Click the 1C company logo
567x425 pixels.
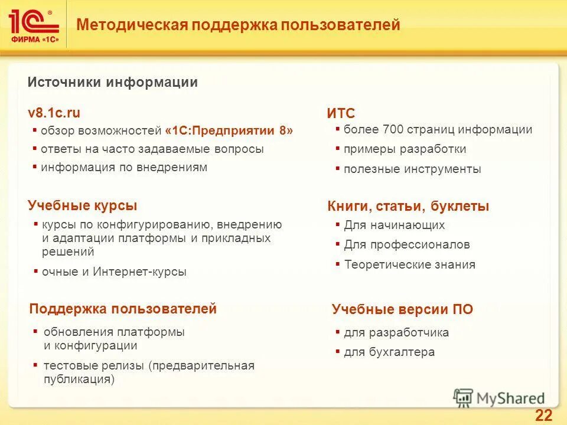34,24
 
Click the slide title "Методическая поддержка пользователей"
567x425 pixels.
239,25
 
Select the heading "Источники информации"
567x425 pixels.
112,83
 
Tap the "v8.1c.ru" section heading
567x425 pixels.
54,113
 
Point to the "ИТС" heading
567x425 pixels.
341,114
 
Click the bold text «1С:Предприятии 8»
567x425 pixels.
229,130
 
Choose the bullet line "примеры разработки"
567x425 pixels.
405,149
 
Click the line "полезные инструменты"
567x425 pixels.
412,169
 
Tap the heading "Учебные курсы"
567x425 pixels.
82,205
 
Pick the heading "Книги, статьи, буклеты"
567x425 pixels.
408,207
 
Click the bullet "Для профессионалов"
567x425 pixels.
407,244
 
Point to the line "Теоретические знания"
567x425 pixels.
409,264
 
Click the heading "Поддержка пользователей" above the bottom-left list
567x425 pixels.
123,309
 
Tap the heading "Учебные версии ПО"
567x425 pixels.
402,309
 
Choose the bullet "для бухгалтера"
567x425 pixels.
389,352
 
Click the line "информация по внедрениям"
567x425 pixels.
124,168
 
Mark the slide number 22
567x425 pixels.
543,415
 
